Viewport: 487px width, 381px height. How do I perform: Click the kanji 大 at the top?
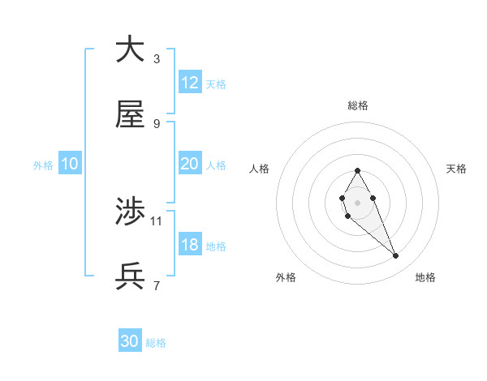130,49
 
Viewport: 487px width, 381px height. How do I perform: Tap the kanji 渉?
130,212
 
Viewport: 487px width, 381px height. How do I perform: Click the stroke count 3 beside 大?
156,58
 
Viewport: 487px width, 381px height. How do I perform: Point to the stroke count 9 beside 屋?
156,123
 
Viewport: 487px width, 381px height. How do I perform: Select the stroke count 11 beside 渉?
157,220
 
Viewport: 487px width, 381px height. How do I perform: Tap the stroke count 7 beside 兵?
156,285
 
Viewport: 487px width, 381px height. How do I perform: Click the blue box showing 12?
190,83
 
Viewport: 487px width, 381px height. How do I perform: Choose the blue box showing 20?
190,164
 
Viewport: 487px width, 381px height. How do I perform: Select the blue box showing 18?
190,245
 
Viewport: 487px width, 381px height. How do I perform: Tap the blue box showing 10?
70,164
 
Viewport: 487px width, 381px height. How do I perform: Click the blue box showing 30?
130,341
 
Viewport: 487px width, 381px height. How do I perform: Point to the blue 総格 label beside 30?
156,343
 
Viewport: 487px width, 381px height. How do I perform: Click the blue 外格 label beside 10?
43,165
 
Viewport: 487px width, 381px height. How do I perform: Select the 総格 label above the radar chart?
357,105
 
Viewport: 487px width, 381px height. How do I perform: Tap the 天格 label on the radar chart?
456,169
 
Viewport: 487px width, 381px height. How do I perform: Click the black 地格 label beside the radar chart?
425,277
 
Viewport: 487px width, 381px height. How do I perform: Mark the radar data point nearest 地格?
396,256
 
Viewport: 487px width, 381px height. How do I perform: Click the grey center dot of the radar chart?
357,202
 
